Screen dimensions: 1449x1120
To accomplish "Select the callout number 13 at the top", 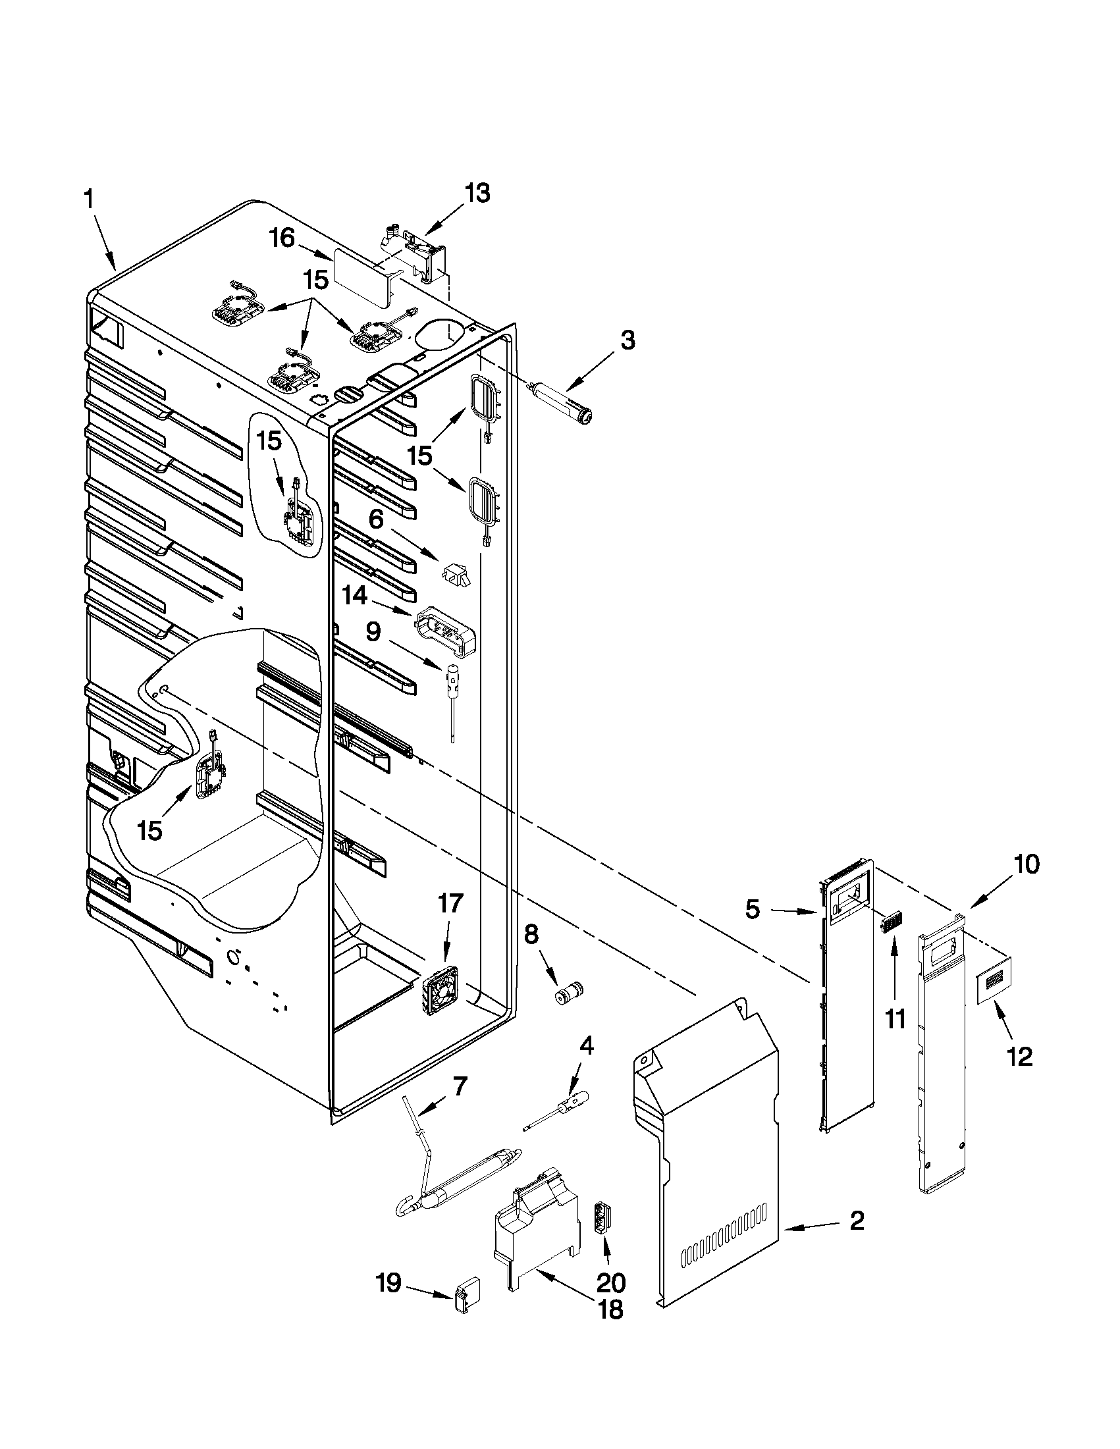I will pos(477,194).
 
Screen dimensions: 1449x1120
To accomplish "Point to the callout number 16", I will pos(282,238).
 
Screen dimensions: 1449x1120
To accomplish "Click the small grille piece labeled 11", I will pos(888,923).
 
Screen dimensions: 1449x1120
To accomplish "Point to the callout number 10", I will pos(1026,864).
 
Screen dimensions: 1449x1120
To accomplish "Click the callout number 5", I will pos(752,910).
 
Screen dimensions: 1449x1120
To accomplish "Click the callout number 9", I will pos(373,631).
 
